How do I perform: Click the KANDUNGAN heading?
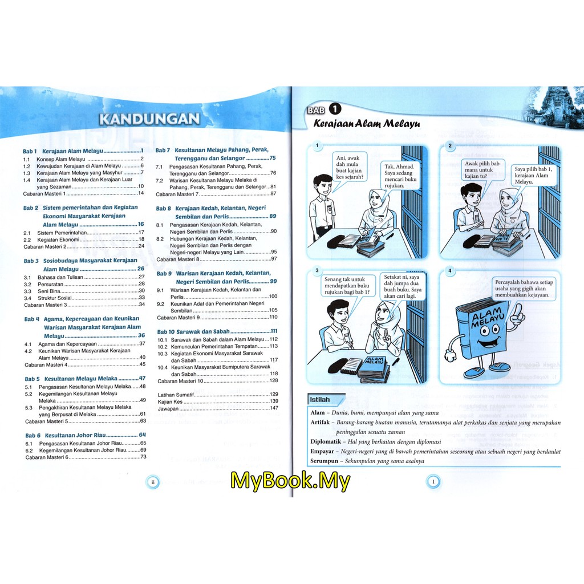tap(149, 119)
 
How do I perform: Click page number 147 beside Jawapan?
tap(274, 408)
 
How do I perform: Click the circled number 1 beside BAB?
tap(335, 109)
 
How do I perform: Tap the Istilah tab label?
tap(319, 400)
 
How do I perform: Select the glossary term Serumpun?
tap(324, 461)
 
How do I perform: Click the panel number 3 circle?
tap(317, 270)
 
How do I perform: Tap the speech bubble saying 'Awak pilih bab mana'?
tap(482, 170)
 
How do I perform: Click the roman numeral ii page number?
tap(153, 482)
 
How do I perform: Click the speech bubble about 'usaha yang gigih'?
tap(524, 289)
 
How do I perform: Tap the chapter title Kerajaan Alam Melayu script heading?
tap(367, 124)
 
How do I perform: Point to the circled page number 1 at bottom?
tap(433, 482)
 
